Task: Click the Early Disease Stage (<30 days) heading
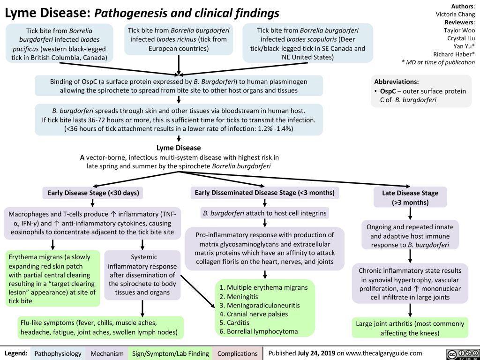click(x=93, y=192)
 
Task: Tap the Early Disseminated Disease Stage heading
click(x=264, y=192)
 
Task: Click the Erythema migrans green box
click(x=52, y=278)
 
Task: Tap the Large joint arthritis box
click(x=410, y=328)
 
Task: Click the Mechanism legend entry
click(x=108, y=353)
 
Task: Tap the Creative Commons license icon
click(x=459, y=353)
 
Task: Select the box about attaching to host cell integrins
click(x=264, y=213)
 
